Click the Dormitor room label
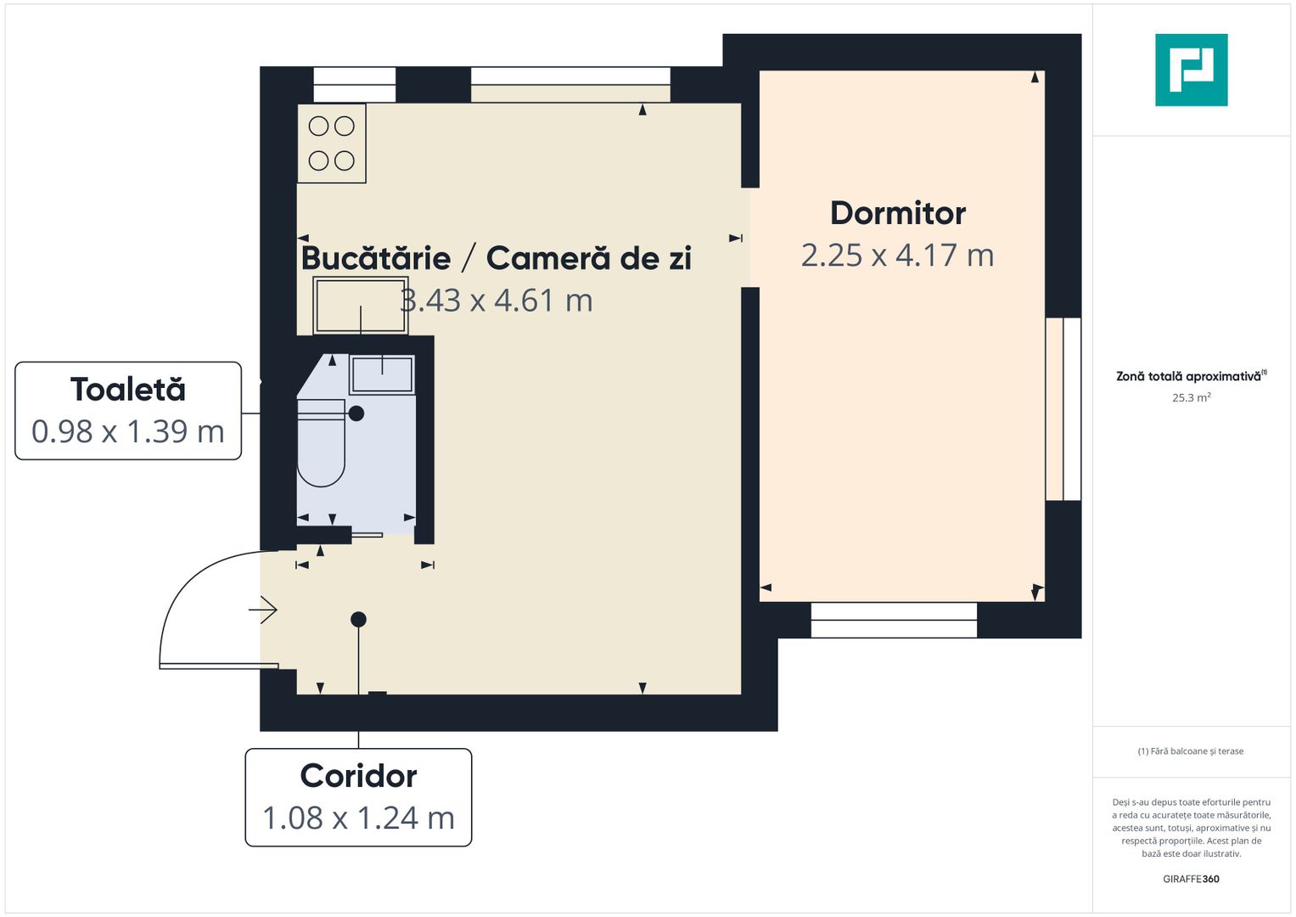coord(897,213)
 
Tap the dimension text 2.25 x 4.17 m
coord(897,255)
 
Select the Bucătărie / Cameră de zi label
coord(496,258)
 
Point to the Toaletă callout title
coord(128,390)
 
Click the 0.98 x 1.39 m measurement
coord(128,431)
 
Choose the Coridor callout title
coord(358,776)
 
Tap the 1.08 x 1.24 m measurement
coord(358,818)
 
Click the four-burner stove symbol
coord(332,143)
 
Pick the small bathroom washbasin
coord(382,374)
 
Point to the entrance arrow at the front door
coord(264,610)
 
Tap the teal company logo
coord(1191,70)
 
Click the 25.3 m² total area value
coord(1191,397)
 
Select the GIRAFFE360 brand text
coord(1191,879)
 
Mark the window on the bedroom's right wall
coord(1063,409)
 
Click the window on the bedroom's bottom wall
coord(894,620)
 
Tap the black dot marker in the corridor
coord(358,620)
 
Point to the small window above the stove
coord(355,85)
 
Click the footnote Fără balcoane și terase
coord(1191,751)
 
